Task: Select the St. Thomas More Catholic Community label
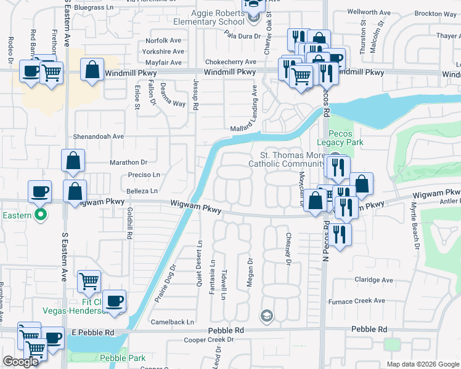click(x=286, y=159)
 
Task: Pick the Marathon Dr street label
click(x=128, y=162)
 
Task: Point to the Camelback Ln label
click(x=173, y=322)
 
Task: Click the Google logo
click(x=20, y=362)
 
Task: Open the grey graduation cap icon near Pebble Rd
click(x=266, y=316)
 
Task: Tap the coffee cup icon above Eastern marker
click(x=40, y=191)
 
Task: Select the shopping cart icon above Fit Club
click(x=89, y=282)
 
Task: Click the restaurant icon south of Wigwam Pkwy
click(x=339, y=235)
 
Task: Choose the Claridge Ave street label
click(x=373, y=280)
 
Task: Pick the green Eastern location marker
click(x=41, y=215)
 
